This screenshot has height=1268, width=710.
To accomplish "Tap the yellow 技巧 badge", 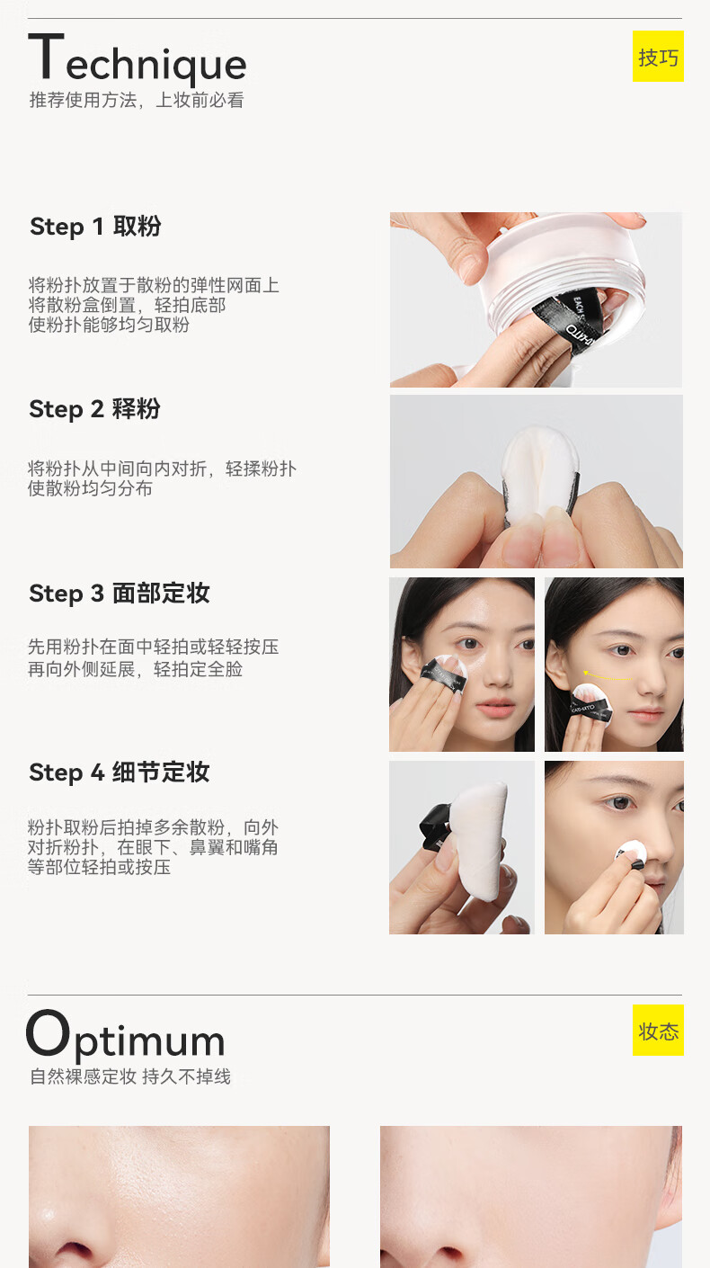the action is (658, 56).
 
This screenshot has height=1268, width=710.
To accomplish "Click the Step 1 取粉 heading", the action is (95, 227).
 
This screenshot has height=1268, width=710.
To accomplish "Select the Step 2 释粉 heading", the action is (94, 408).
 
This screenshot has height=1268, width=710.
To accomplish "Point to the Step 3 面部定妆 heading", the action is (120, 594).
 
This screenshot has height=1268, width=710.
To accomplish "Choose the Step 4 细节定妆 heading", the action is (120, 772).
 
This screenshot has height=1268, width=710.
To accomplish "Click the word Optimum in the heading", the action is (126, 1037).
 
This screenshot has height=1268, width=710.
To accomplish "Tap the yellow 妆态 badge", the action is (658, 1031).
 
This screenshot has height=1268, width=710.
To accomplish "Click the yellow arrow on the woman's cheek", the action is (606, 675).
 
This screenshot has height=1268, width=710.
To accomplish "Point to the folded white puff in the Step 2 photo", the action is (540, 476).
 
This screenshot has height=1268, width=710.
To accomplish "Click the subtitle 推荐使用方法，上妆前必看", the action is (137, 100).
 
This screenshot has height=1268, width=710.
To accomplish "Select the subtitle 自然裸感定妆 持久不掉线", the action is (130, 1076).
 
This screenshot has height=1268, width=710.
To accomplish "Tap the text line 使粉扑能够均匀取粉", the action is (109, 325).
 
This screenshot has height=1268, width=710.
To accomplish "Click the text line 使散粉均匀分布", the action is (90, 488).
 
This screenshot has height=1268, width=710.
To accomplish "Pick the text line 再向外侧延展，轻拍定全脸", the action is (135, 669).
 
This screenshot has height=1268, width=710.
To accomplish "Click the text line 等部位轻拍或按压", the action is (99, 867).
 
